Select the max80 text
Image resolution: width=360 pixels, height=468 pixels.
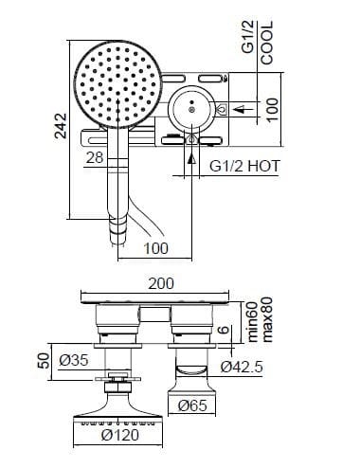pos(268,318)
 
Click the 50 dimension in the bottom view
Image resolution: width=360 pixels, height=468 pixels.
pos(42,362)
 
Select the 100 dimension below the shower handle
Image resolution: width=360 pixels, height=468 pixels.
pos(156,248)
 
